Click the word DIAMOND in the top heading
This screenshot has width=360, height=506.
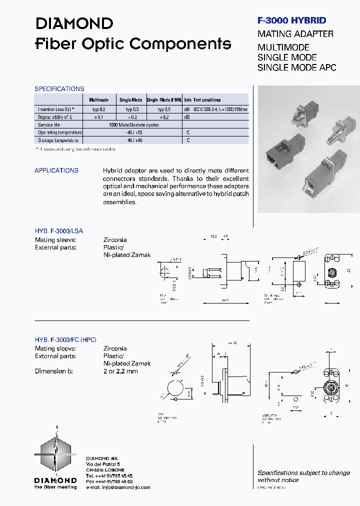(x=74, y=23)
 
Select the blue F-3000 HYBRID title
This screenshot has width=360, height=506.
(x=291, y=20)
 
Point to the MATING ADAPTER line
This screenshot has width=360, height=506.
(x=295, y=34)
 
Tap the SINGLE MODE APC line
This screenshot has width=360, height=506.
(x=296, y=67)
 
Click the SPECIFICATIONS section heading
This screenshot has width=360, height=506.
(x=59, y=89)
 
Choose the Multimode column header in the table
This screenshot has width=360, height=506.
(x=98, y=100)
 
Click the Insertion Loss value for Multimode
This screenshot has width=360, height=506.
(x=98, y=109)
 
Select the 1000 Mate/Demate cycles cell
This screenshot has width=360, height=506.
(x=133, y=125)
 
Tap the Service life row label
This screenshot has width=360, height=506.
(x=50, y=125)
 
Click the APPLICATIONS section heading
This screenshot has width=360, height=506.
(x=56, y=170)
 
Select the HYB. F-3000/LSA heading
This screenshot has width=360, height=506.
(x=59, y=231)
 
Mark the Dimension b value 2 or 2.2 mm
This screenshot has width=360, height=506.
(x=120, y=371)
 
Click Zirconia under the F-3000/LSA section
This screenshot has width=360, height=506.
(x=115, y=240)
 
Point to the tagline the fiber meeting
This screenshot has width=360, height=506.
(x=55, y=486)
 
